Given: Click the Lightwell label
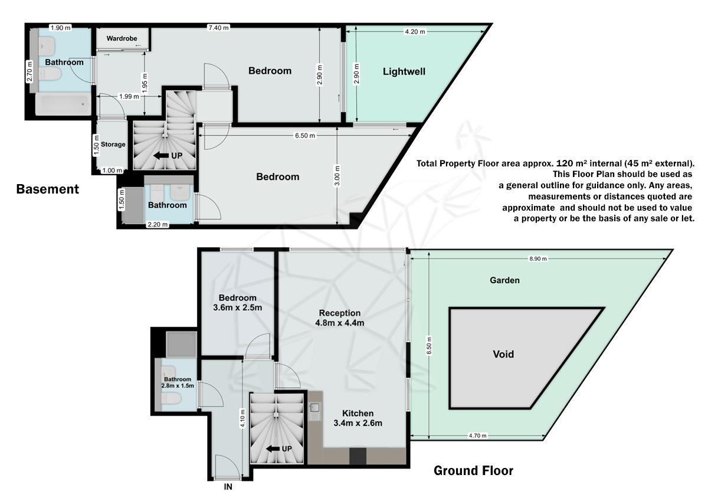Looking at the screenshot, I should pyautogui.click(x=404, y=72).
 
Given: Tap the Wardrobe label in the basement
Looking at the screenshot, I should pyautogui.click(x=122, y=38).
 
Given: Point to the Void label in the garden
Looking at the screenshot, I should pyautogui.click(x=503, y=355).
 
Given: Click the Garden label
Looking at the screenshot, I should pyautogui.click(x=504, y=280).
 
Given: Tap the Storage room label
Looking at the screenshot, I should pyautogui.click(x=113, y=144).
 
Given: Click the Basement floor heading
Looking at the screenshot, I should pyautogui.click(x=47, y=189).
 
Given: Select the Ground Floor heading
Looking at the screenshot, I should pyautogui.click(x=473, y=471).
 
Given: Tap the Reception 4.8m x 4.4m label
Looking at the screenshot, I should pyautogui.click(x=340, y=317).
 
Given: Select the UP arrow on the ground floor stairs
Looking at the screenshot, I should pyautogui.click(x=278, y=448).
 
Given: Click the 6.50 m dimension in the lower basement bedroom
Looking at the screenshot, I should pyautogui.click(x=305, y=135).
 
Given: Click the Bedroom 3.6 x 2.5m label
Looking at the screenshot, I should pyautogui.click(x=237, y=303).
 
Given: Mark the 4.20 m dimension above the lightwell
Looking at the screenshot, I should pyautogui.click(x=414, y=32).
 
